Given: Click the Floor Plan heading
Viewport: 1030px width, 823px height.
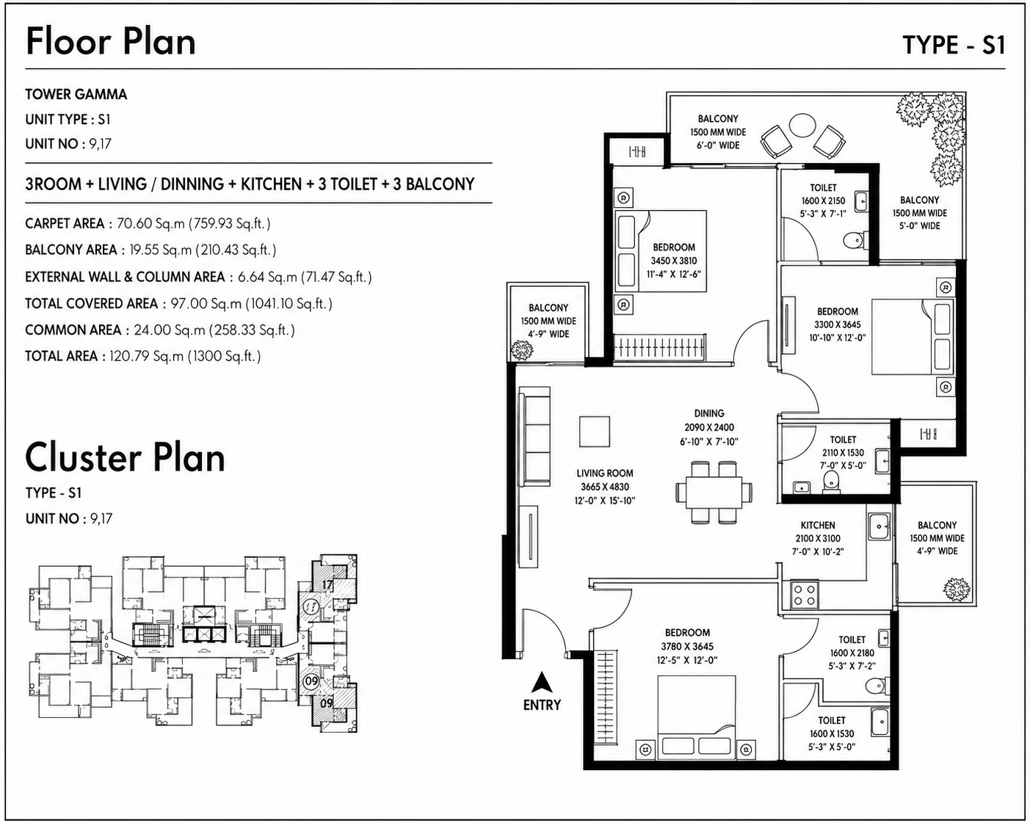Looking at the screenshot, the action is pyautogui.click(x=111, y=42).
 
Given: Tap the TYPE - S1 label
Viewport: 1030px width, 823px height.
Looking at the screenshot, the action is pyautogui.click(x=954, y=46).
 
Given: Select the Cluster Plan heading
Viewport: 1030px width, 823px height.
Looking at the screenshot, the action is pyautogui.click(x=125, y=458).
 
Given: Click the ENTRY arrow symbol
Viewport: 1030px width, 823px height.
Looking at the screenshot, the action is pyautogui.click(x=542, y=682).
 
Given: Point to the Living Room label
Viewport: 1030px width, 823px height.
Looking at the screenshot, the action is pyautogui.click(x=604, y=474).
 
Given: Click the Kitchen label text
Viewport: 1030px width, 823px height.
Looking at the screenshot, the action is pyautogui.click(x=818, y=525).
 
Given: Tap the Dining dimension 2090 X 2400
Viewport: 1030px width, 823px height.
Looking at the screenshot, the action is pyautogui.click(x=709, y=427).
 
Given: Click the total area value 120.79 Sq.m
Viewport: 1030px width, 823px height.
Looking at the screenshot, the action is pyautogui.click(x=146, y=356).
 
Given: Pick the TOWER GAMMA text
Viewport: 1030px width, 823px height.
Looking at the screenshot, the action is pyautogui.click(x=76, y=94).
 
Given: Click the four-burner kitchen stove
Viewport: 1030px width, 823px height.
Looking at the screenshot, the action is pyautogui.click(x=805, y=595).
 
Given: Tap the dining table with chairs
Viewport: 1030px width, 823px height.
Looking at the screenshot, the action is pyautogui.click(x=714, y=492).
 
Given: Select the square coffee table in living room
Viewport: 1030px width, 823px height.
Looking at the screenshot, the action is pyautogui.click(x=595, y=432).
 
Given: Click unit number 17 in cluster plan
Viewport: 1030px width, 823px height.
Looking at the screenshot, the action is pyautogui.click(x=327, y=584).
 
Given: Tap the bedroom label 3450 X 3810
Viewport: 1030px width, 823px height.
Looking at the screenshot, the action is pyautogui.click(x=673, y=261).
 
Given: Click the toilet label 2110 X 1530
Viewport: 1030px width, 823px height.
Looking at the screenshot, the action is pyautogui.click(x=843, y=452).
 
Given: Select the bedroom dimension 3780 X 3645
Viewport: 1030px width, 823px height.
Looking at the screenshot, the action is pyautogui.click(x=687, y=646).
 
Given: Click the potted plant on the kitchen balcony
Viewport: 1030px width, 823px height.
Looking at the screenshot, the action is pyautogui.click(x=957, y=591).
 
